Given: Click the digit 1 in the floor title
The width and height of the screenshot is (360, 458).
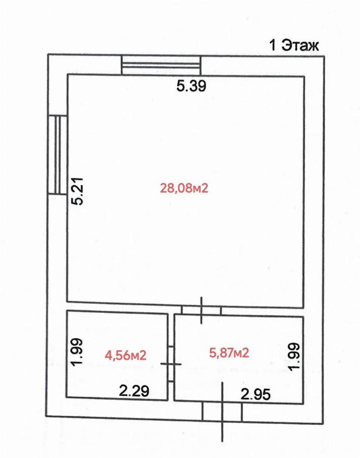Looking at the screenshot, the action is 272,46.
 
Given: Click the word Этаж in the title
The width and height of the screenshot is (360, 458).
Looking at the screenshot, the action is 300,46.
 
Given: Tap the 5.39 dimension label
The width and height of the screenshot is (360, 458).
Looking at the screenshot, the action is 191,86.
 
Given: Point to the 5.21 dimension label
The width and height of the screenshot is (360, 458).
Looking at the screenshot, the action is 78,191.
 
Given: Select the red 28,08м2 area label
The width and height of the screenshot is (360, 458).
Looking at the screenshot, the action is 184,188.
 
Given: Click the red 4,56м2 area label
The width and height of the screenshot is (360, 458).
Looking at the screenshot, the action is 125,356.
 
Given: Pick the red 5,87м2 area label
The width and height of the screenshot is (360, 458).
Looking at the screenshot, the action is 229,353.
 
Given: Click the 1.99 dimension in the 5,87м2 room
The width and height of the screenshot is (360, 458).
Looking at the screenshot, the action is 294,356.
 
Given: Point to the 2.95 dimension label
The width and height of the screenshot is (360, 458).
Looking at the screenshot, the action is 256,395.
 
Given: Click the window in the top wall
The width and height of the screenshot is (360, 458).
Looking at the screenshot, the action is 161,65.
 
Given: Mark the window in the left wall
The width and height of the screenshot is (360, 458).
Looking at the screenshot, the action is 58,155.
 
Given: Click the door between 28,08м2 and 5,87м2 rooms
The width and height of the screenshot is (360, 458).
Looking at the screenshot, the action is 201,310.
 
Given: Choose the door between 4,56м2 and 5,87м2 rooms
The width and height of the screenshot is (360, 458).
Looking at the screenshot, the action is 171,364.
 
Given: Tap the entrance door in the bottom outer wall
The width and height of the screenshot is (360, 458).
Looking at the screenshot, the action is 223,412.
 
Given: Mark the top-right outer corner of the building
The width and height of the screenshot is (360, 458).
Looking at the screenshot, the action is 324,56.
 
